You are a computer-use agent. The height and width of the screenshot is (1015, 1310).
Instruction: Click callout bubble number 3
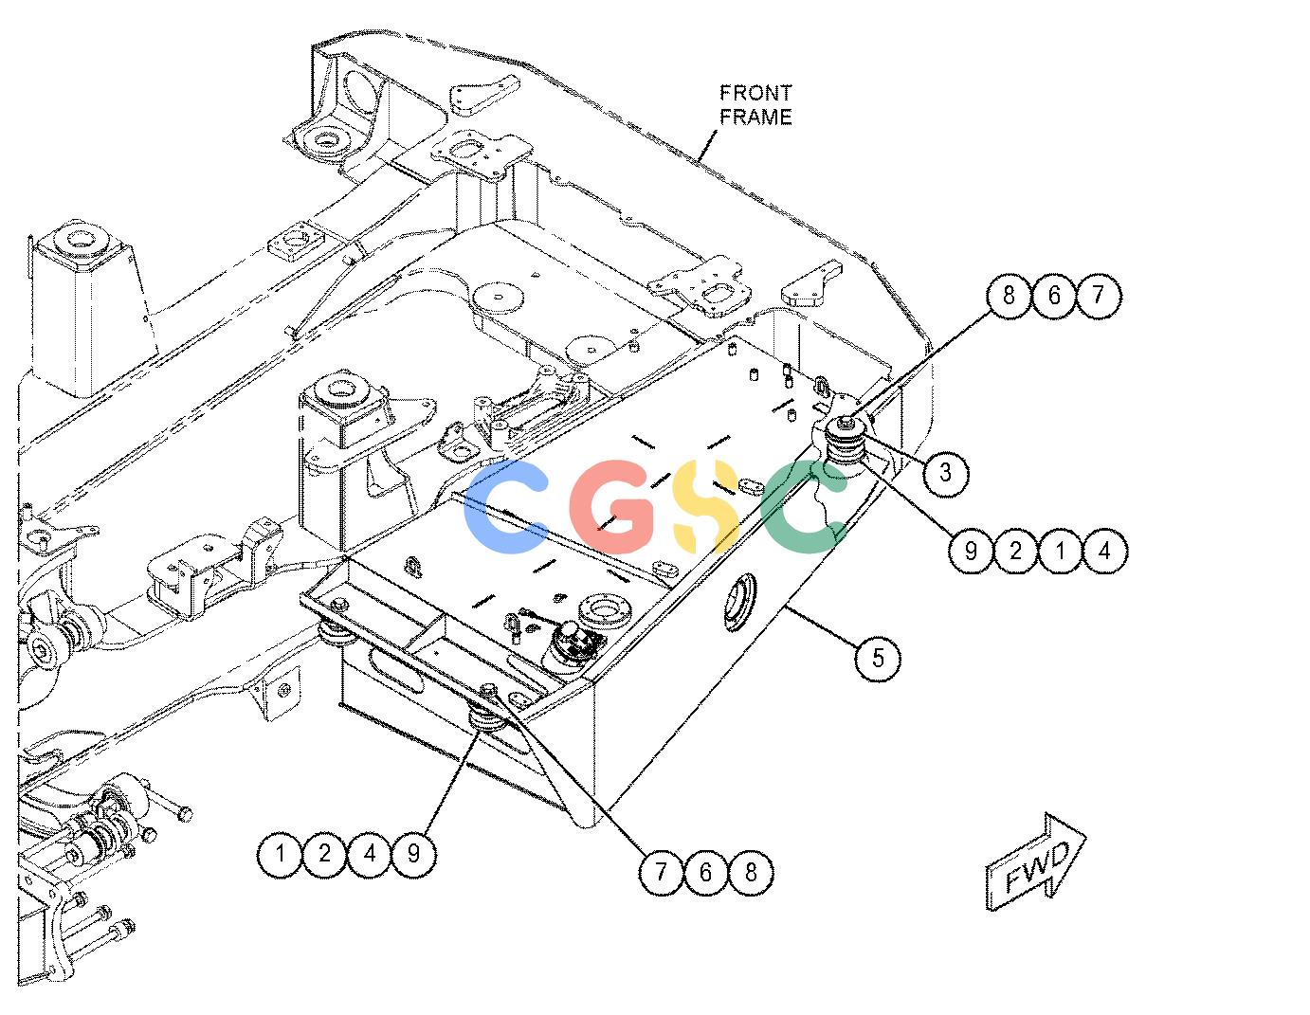945,473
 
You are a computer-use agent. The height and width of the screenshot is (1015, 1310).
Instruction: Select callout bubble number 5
878,658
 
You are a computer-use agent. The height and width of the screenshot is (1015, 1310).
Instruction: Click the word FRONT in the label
755,94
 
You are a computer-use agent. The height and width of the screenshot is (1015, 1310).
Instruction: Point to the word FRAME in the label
756,117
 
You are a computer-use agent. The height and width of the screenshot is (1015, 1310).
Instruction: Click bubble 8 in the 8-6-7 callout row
1009,296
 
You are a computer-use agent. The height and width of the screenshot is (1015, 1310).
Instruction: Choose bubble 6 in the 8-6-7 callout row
1054,296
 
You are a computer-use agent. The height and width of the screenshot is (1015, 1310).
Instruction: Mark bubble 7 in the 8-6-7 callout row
1099,296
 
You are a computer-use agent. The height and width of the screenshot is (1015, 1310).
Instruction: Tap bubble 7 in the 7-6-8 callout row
662,872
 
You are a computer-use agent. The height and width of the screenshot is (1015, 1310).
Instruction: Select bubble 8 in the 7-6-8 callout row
751,872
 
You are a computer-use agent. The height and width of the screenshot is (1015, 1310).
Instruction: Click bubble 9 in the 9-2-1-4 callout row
971,551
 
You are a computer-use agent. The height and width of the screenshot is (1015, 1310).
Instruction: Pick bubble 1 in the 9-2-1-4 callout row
1060,551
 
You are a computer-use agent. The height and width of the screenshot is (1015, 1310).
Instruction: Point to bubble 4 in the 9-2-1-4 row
1104,551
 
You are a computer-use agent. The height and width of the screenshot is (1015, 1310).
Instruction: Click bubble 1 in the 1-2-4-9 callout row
281,854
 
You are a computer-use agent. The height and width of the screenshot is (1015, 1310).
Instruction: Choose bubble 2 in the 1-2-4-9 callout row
325,854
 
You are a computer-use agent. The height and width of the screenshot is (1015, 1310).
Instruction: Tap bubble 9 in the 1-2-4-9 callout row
414,854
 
